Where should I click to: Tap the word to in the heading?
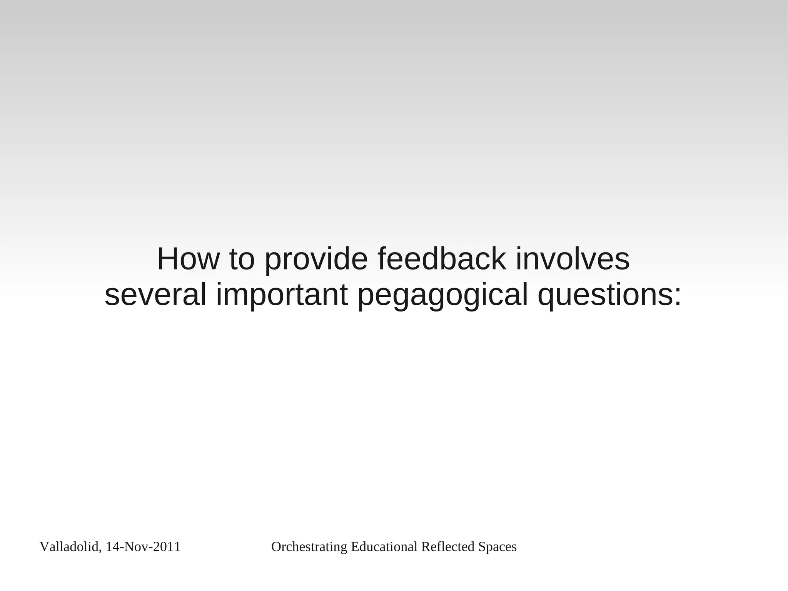pos(242,259)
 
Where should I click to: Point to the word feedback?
pos(442,259)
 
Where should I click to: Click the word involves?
pos(573,259)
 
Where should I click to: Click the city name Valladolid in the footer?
pos(69,547)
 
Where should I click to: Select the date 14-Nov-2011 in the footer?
pos(143,547)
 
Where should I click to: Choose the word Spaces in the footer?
pos(497,547)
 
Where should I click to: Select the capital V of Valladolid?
pos(43,547)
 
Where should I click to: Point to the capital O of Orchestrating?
pos(275,547)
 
